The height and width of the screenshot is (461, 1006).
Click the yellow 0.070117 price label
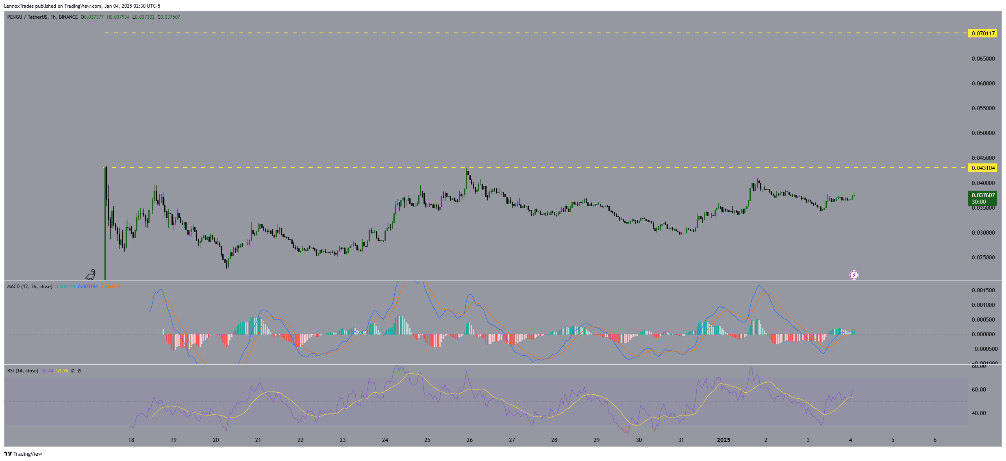click(x=983, y=33)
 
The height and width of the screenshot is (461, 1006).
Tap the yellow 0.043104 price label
click(x=983, y=168)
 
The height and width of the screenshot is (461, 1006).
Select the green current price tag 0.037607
click(x=983, y=196)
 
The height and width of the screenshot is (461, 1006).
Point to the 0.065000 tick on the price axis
click(x=983, y=59)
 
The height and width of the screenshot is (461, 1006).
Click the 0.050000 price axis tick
click(x=983, y=133)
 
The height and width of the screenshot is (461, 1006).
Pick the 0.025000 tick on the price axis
click(x=983, y=257)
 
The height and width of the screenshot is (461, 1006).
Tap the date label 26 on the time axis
click(x=469, y=440)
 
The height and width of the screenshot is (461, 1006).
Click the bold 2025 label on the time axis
click(x=724, y=440)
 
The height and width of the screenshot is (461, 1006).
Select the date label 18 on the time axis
click(x=131, y=440)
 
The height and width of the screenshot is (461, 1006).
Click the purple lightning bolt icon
click(x=854, y=275)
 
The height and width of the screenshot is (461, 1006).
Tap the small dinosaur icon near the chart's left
click(x=90, y=275)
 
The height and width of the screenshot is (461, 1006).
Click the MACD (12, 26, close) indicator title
click(x=30, y=287)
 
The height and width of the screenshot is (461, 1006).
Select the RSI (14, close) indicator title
click(x=23, y=371)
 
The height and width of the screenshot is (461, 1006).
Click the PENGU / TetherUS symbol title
click(x=27, y=17)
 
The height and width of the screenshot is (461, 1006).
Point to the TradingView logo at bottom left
click(x=23, y=454)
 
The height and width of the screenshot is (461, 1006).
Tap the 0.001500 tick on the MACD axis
click(x=983, y=290)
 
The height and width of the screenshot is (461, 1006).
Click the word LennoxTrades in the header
click(x=19, y=6)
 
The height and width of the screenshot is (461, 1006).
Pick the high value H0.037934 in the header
click(x=118, y=17)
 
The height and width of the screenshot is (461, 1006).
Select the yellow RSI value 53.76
click(x=62, y=371)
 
